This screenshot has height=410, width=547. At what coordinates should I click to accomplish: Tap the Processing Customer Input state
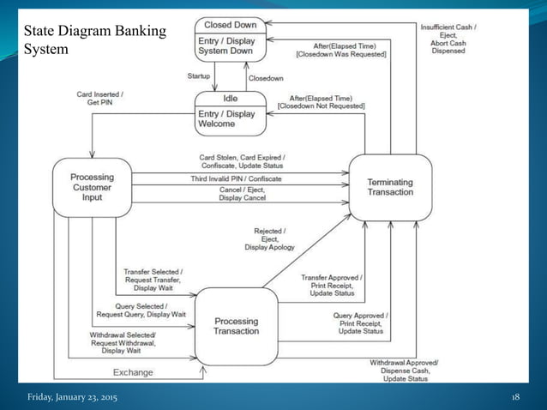click(x=92, y=186)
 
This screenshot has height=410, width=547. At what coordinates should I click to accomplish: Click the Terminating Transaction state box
click(x=389, y=186)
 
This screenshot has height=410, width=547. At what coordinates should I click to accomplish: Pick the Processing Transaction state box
click(x=236, y=327)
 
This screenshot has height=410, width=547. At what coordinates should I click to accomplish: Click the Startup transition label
click(x=199, y=76)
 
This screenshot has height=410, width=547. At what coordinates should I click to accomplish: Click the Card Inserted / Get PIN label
click(x=100, y=98)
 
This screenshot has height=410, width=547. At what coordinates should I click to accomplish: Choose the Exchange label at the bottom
click(x=133, y=372)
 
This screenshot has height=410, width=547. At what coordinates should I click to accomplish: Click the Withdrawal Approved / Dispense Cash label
click(x=404, y=371)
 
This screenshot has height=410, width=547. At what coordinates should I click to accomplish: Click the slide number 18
click(x=515, y=398)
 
